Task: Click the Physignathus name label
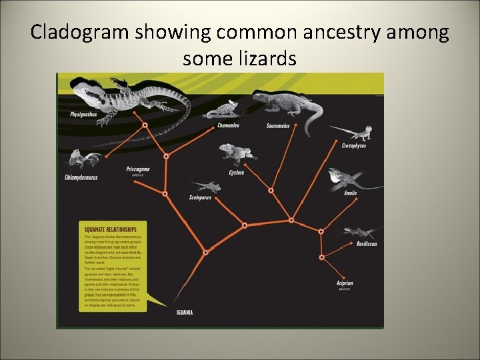coord(83,114)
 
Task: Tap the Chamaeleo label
coord(229,125)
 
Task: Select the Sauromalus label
coord(278,125)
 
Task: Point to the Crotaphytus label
coord(354,145)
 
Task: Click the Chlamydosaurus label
coord(81,177)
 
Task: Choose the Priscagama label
coord(138,169)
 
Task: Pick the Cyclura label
coord(237,173)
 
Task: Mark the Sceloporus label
coord(201,197)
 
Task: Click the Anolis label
coord(351,193)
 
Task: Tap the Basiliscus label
coord(367,244)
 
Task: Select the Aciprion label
coord(345,283)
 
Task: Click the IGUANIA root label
coord(185,313)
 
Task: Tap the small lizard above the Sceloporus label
coord(205,186)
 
